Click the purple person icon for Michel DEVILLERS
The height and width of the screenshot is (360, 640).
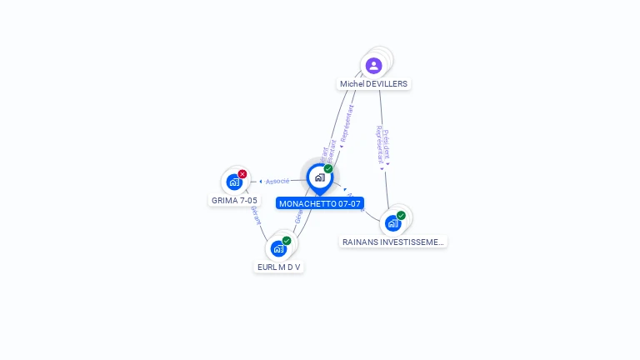tap(374, 65)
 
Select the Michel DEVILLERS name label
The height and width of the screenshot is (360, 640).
tap(374, 84)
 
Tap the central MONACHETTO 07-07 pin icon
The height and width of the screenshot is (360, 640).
tap(319, 177)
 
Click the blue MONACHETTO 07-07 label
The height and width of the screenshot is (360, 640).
tap(320, 203)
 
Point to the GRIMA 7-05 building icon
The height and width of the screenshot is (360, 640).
tap(234, 182)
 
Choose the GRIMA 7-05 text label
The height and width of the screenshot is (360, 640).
tap(234, 200)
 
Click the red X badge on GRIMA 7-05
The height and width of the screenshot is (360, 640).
tap(242, 173)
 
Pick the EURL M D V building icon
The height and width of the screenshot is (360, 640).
tap(278, 248)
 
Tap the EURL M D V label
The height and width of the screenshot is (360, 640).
tap(278, 267)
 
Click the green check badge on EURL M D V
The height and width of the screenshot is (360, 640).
tap(287, 241)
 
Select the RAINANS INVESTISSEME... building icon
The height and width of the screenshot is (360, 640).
tap(393, 223)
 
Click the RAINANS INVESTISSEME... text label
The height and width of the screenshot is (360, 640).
tap(393, 242)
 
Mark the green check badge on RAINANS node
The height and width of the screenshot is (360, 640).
tap(401, 216)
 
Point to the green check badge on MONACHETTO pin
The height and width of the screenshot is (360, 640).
tap(328, 169)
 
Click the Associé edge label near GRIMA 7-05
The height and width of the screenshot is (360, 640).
tap(278, 181)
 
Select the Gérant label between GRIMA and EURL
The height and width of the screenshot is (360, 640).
tap(256, 217)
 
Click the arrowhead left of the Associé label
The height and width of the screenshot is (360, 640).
tap(261, 181)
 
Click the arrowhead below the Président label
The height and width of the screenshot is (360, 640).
tap(382, 167)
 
